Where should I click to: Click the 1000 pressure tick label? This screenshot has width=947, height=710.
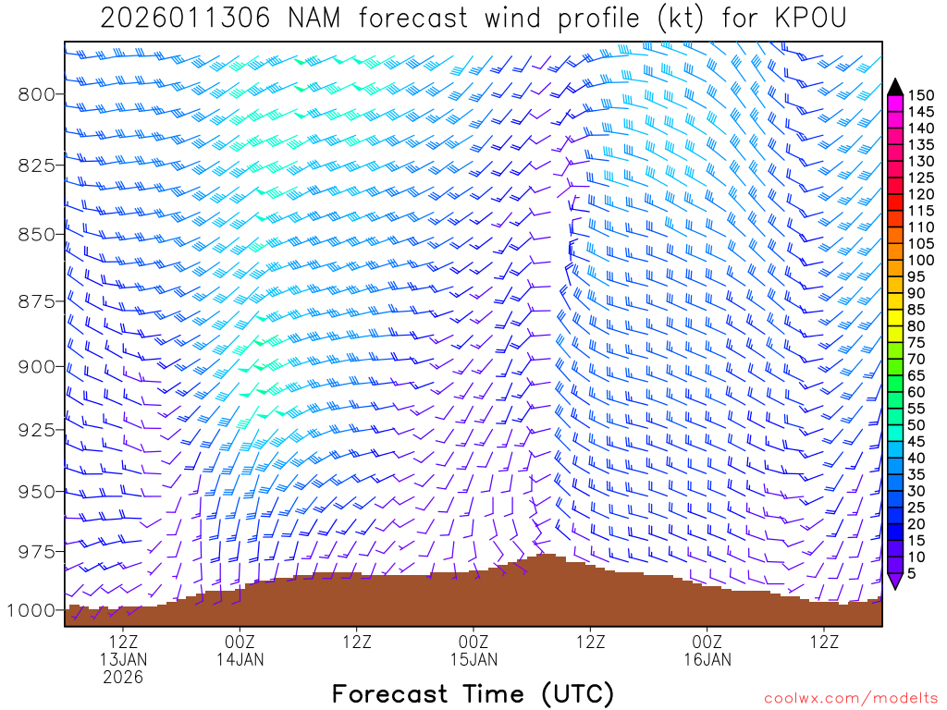click(32, 611)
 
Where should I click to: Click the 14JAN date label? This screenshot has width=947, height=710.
click(240, 659)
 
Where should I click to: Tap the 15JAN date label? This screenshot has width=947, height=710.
click(473, 659)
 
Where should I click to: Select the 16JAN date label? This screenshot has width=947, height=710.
click(707, 659)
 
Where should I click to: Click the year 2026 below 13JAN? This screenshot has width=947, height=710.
click(123, 678)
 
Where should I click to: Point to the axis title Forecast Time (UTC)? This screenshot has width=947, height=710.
click(473, 693)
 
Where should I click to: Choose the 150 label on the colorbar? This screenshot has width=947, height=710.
click(920, 95)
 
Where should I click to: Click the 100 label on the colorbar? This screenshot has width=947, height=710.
click(920, 261)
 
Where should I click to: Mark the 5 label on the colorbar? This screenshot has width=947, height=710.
click(913, 573)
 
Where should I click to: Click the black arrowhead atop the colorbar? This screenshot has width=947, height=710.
click(895, 86)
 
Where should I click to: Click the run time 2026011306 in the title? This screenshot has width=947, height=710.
click(185, 18)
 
